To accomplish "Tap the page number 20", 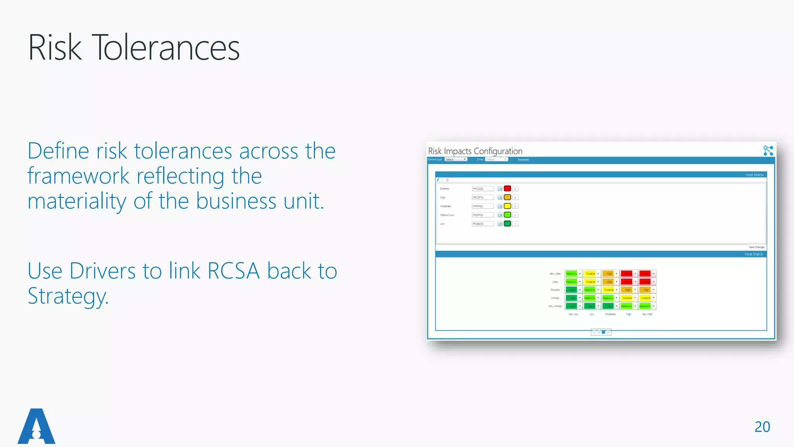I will pos(762,427).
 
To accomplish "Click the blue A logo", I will pos(36,426).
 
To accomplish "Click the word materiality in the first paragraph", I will pos(77,201).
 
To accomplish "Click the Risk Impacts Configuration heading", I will pos(475,151).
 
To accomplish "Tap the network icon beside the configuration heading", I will pos(768,151).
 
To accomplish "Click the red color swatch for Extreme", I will pos(507,189).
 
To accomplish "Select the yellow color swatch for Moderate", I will pos(507,206).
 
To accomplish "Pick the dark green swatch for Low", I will pos(507,223).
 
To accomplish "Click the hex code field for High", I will pos(482,198).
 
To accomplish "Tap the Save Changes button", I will pos(756,247).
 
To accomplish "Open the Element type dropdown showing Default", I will pos(456,159).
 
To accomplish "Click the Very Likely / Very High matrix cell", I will pos(645,274).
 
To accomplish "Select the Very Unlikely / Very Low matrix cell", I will pos(571,306).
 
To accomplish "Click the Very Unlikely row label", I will pos(555,306).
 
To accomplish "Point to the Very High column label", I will pos(647,314).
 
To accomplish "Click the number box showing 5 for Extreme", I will pos(515,189).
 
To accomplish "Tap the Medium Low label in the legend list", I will pos(447,215).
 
